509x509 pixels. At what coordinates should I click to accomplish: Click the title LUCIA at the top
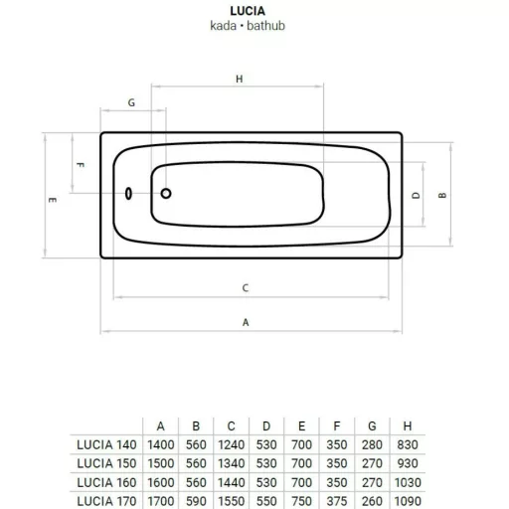(x=248, y=11)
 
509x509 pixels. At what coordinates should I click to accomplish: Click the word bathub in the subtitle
(x=265, y=26)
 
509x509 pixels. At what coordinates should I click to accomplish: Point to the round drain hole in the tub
(x=166, y=193)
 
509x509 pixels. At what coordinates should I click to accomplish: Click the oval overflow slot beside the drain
(x=128, y=194)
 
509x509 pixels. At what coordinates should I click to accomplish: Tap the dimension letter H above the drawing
(x=240, y=79)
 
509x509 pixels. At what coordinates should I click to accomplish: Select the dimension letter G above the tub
(x=131, y=102)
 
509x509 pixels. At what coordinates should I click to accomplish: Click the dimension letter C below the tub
(x=246, y=288)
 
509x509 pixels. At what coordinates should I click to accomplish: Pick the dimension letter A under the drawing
(x=246, y=322)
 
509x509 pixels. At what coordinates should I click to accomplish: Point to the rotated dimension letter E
(x=53, y=200)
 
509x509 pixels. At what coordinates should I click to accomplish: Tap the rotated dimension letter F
(x=81, y=165)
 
